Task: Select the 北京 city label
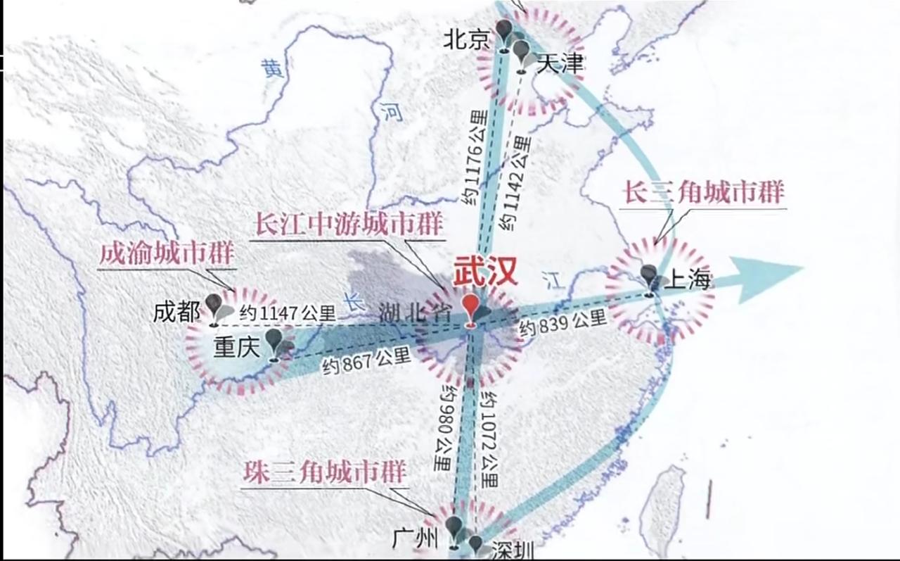466,40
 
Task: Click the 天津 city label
560,63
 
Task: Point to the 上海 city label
688,282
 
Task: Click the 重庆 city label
237,346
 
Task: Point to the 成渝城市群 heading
167,254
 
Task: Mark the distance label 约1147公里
288,314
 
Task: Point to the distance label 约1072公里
487,440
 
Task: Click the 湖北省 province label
414,313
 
